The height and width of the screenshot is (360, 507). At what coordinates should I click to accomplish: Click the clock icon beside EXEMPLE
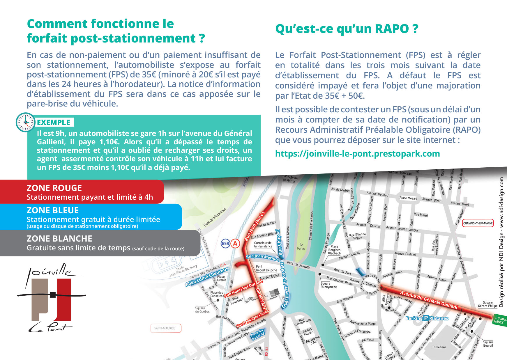click(x=26, y=122)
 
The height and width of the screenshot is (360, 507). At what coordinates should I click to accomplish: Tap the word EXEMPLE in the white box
click(x=54, y=122)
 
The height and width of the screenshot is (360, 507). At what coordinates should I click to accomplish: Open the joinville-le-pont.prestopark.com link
click(x=357, y=154)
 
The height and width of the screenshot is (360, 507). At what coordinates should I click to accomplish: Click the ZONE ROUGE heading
click(x=54, y=188)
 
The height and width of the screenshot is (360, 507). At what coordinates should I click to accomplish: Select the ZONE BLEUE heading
click(x=53, y=210)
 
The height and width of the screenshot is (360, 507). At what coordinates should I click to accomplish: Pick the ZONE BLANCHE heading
click(x=59, y=239)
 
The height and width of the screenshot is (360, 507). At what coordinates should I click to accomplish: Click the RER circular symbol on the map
click(x=225, y=244)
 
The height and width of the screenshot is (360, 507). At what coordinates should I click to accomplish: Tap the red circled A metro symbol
click(x=235, y=244)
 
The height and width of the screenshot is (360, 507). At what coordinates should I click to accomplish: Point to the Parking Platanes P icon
click(x=426, y=318)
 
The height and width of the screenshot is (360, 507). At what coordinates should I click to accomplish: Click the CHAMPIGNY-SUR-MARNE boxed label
click(x=478, y=223)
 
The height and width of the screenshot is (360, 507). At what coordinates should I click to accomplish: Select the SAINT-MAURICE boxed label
click(x=165, y=328)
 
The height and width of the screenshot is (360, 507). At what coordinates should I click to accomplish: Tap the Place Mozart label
click(x=408, y=198)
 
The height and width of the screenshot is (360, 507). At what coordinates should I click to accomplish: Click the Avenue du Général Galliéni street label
click(x=429, y=299)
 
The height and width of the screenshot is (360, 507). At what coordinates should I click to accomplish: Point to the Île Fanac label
click(x=301, y=246)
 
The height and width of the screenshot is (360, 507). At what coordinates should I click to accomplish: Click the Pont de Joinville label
click(x=298, y=265)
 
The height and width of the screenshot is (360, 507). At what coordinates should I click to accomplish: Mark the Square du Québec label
click(x=202, y=310)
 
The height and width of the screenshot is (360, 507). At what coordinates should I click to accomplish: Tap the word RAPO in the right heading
click(x=392, y=29)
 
